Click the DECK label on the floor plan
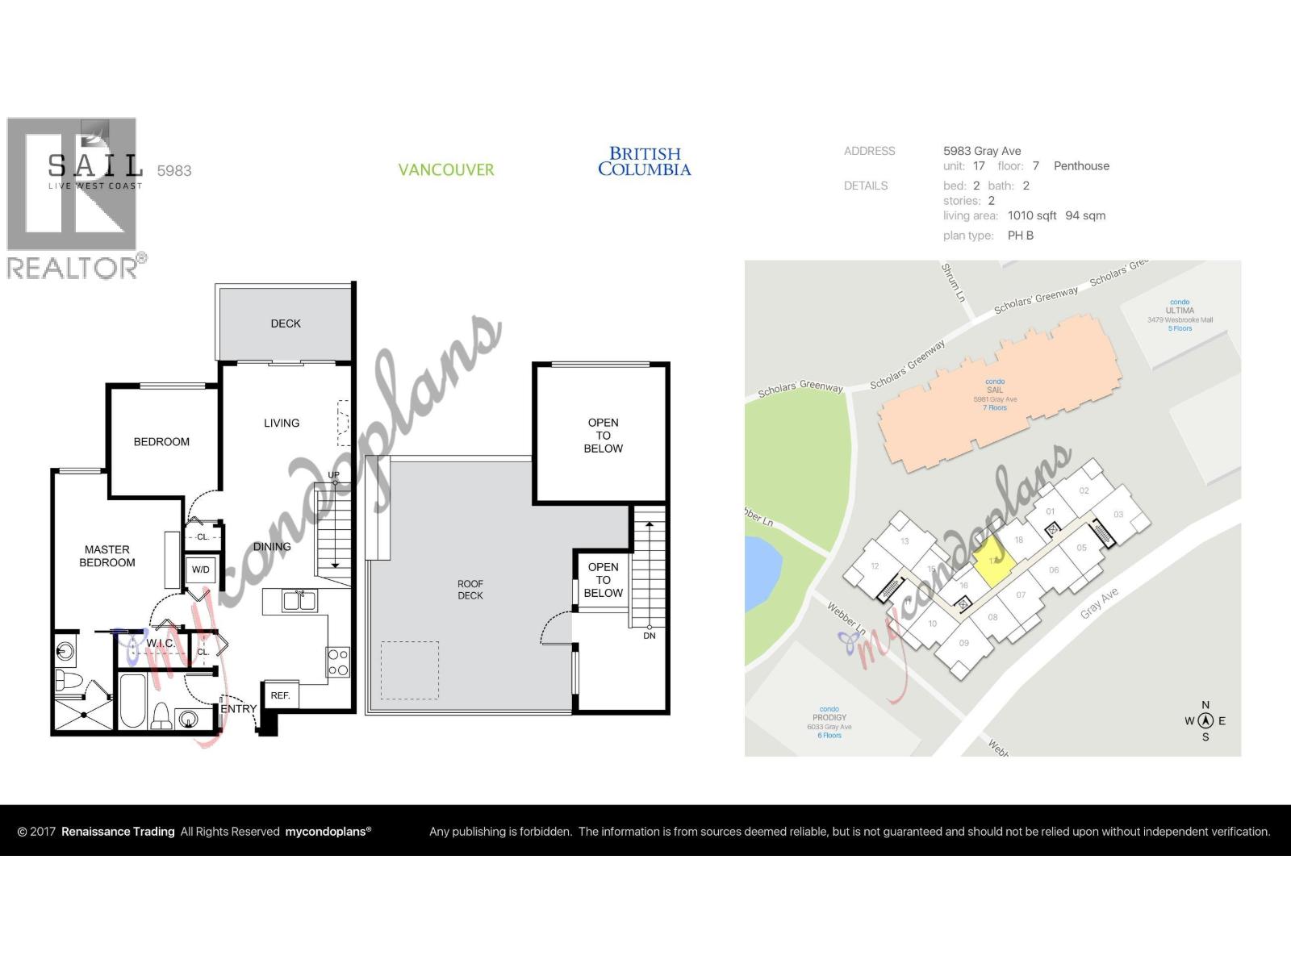[286, 323]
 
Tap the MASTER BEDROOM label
[107, 556]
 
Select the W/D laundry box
[200, 570]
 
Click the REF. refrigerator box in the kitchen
[280, 695]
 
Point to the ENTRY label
[239, 709]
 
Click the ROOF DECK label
[470, 590]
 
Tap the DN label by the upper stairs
[650, 636]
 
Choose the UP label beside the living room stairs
[333, 475]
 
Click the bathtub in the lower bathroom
[133, 701]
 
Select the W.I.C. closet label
[161, 643]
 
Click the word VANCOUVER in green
[446, 170]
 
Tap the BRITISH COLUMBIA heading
[644, 161]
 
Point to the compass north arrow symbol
[1205, 721]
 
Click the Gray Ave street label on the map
[1099, 603]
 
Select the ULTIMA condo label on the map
[1180, 311]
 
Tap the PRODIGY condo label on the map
[829, 717]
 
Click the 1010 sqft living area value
[1032, 215]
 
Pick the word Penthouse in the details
[1081, 166]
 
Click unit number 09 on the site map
[963, 643]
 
